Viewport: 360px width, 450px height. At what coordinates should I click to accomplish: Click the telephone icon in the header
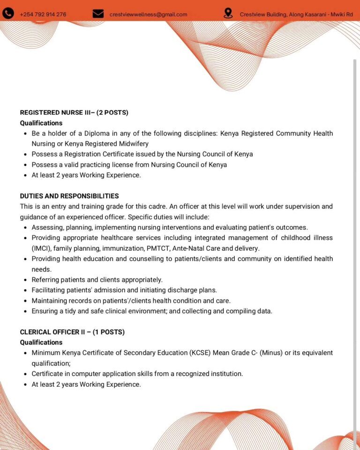[x=8, y=14]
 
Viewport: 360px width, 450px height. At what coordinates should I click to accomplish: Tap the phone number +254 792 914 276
[x=43, y=15]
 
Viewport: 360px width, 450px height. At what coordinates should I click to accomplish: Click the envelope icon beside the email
[x=98, y=14]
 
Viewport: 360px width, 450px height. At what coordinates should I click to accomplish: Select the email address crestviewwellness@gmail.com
[x=148, y=15]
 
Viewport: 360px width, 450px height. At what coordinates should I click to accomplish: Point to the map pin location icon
[x=228, y=14]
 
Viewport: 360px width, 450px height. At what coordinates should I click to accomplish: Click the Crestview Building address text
[x=296, y=15]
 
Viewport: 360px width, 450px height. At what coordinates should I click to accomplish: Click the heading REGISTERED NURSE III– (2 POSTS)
[x=74, y=112]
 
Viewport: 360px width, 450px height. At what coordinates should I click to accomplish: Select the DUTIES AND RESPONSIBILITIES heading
[x=69, y=196]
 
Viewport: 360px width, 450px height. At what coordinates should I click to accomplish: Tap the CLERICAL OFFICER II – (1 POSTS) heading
[x=72, y=332]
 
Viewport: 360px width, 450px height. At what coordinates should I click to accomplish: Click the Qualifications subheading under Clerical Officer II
[x=41, y=342]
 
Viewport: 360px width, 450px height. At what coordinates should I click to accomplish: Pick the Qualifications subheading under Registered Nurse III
[x=41, y=123]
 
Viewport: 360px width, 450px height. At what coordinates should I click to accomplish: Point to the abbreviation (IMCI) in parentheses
[x=42, y=248]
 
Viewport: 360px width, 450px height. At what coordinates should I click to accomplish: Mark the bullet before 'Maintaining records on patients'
[x=25, y=301]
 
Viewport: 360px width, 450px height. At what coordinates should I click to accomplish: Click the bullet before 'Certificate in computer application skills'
[x=25, y=374]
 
